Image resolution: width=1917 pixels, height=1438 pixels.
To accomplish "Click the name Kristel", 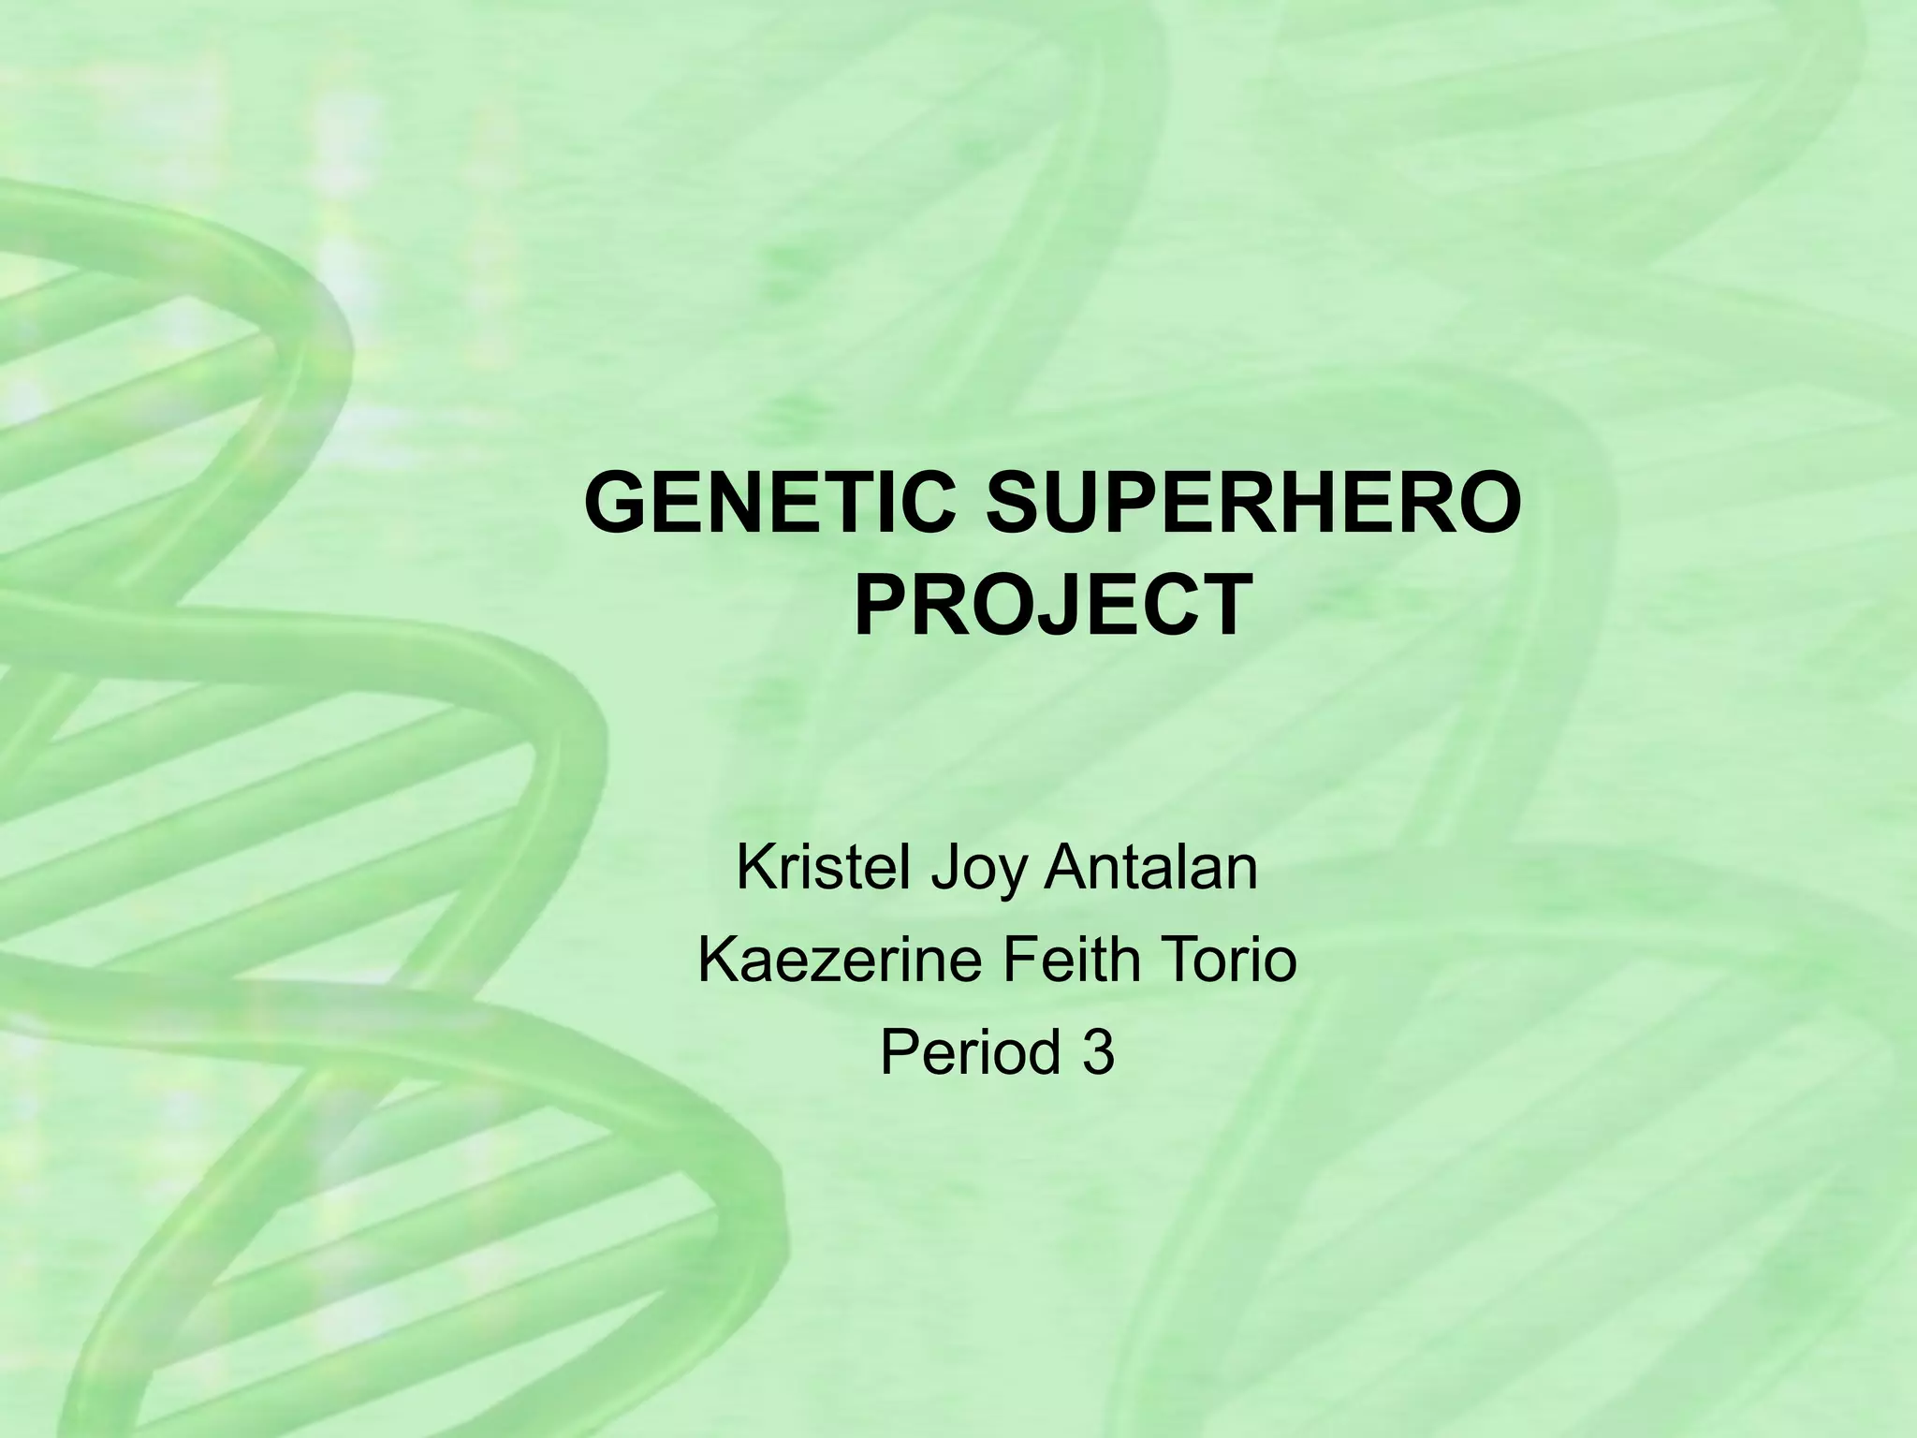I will (x=823, y=868).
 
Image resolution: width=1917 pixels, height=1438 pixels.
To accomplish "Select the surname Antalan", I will (x=1150, y=868).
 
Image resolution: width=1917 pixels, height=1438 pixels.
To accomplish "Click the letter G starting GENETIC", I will (x=619, y=505).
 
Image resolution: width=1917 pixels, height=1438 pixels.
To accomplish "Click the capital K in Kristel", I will (x=754, y=868).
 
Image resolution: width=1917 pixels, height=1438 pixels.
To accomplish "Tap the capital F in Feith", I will (x=1015, y=961).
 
